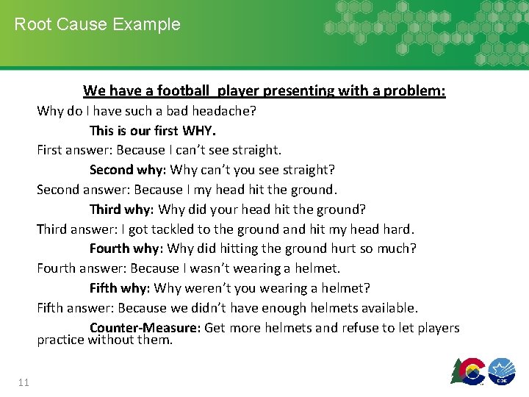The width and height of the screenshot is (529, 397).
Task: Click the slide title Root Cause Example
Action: pyautogui.click(x=97, y=24)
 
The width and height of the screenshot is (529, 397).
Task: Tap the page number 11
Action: pyautogui.click(x=23, y=382)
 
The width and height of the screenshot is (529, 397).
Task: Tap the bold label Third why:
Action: pyautogui.click(x=122, y=210)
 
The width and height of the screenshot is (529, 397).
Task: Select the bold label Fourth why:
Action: pyautogui.click(x=126, y=248)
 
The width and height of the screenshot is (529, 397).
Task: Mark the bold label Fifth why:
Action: pyautogui.click(x=120, y=288)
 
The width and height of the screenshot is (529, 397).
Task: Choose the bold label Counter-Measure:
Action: pyautogui.click(x=145, y=328)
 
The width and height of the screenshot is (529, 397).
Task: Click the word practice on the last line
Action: pyautogui.click(x=61, y=340)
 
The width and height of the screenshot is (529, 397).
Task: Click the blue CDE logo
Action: pyautogui.click(x=502, y=371)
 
